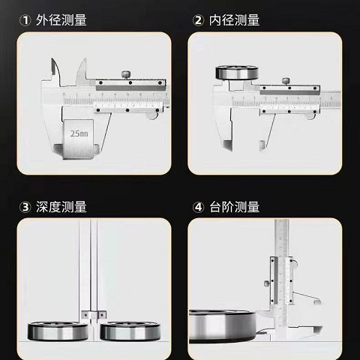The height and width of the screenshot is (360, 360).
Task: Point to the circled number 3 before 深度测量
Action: click(x=24, y=206)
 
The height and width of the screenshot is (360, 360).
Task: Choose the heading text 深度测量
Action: click(x=61, y=206)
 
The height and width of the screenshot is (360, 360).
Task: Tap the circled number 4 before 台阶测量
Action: click(x=199, y=206)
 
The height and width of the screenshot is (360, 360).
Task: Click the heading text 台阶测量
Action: click(x=235, y=206)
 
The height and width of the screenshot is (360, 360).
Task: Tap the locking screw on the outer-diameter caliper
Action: click(x=127, y=73)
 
